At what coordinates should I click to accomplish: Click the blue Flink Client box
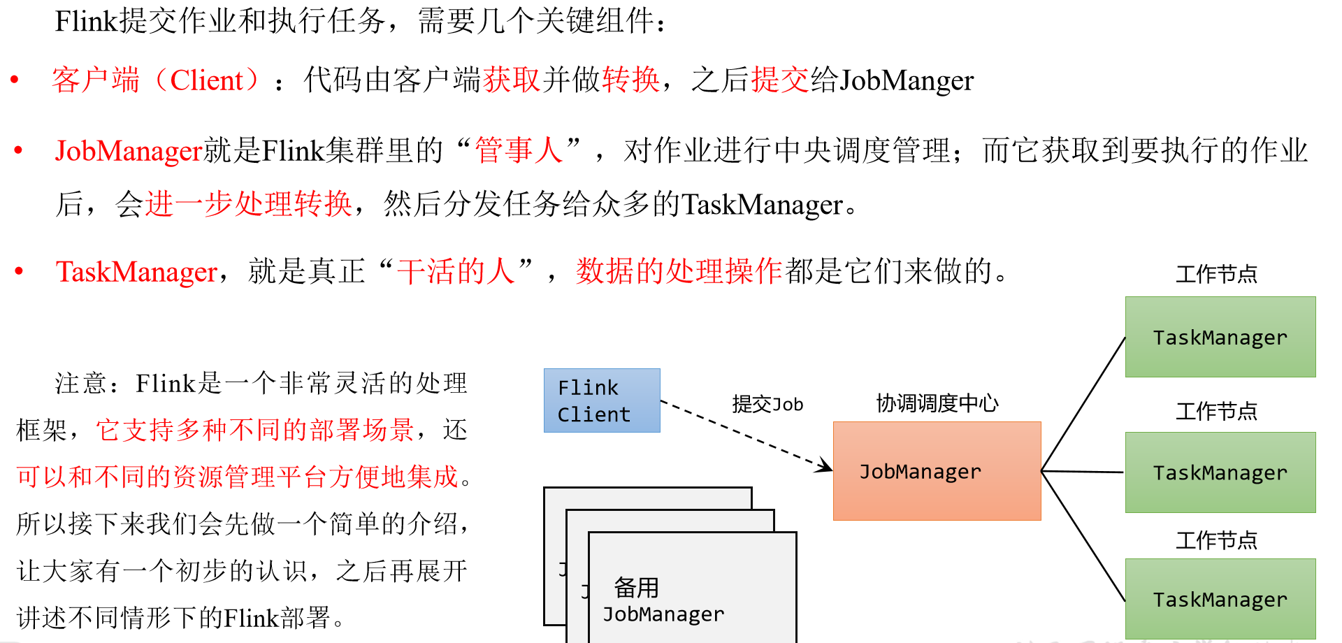[x=602, y=400]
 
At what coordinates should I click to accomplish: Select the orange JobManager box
[x=937, y=471]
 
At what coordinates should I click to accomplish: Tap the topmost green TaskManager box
[x=1220, y=337]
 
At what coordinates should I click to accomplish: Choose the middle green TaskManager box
[x=1220, y=472]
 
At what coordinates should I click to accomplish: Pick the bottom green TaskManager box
[x=1220, y=599]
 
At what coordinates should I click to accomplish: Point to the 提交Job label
[x=767, y=404]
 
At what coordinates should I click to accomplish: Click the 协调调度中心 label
[x=937, y=403]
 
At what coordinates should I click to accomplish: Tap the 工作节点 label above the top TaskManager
[x=1216, y=274]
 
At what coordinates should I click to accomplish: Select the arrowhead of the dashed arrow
[x=825, y=466]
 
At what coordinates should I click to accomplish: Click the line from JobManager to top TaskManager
[x=1083, y=404]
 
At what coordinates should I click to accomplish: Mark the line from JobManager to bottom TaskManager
[x=1083, y=536]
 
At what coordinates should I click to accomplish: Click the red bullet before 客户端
[x=14, y=80]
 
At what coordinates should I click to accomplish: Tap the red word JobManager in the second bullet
[x=129, y=151]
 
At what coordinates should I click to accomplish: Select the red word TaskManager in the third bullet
[x=137, y=272]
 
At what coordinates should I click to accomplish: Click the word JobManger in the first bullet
[x=907, y=80]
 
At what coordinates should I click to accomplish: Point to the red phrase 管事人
[x=519, y=151]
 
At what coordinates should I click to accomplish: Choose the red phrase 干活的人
[x=456, y=272]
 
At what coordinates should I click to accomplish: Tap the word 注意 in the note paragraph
[x=81, y=383]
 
